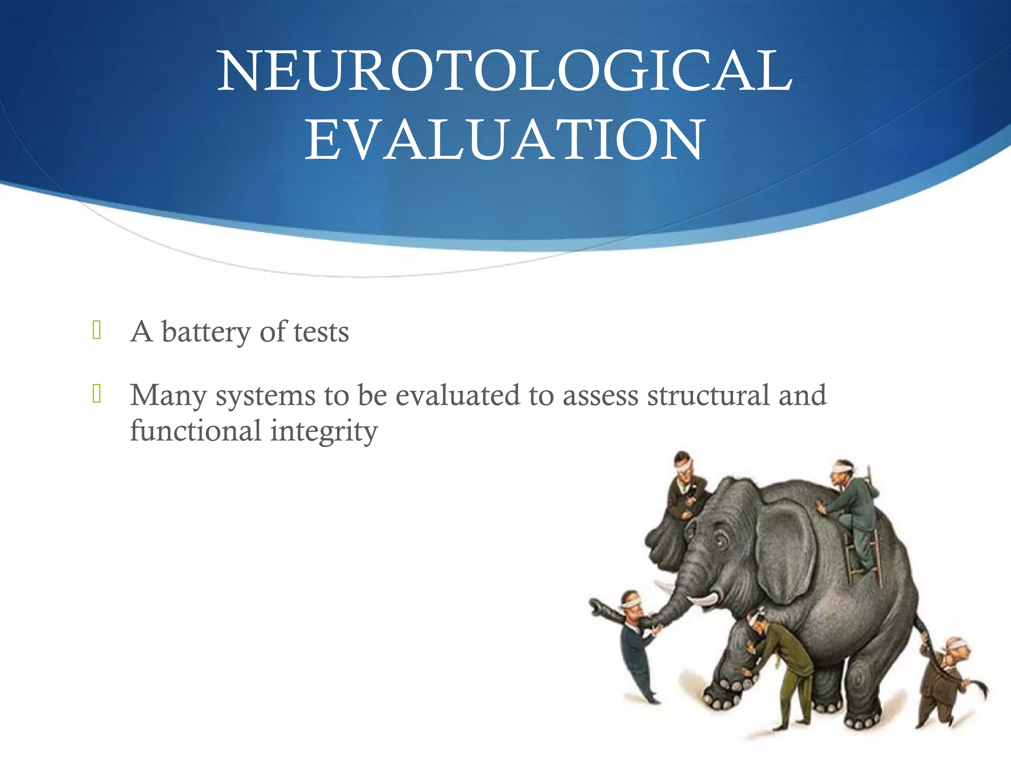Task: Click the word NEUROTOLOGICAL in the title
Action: (505, 71)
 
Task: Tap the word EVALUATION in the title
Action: (505, 140)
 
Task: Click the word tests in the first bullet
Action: (321, 332)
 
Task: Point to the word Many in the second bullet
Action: (168, 396)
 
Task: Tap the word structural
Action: (708, 395)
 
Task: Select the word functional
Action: (195, 430)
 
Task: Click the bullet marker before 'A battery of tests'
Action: (97, 330)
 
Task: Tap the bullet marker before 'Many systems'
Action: (97, 394)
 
